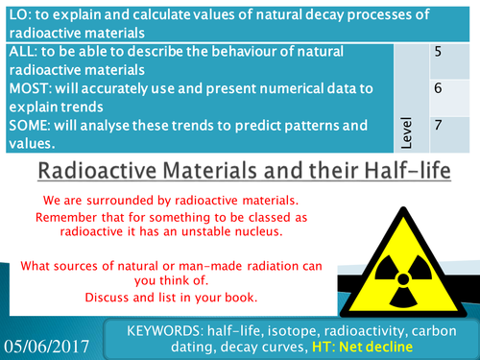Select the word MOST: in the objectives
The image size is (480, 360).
pyautogui.click(x=30, y=96)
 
